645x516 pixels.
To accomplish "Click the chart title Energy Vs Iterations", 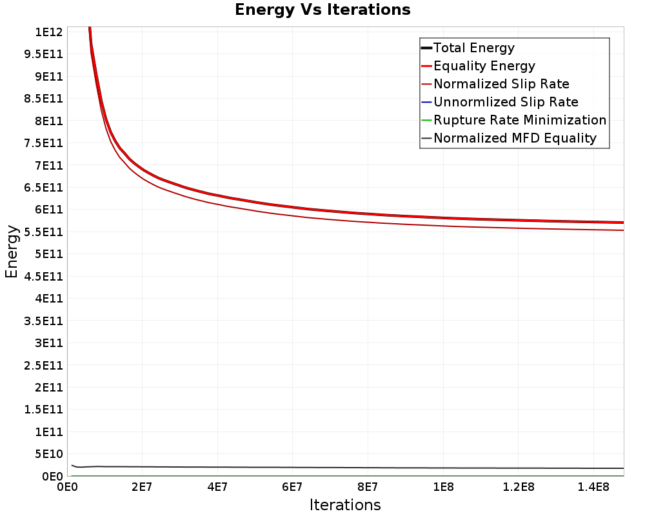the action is (322, 10).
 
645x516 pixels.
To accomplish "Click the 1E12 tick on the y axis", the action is (49, 32).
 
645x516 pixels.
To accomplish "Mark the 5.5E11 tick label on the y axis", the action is (44, 232).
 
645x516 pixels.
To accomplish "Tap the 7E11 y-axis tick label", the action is (49, 165).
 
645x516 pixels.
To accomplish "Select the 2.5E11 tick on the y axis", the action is (44, 366).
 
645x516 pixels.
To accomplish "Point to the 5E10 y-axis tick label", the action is (49, 454).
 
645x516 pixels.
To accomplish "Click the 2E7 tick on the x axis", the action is (142, 488).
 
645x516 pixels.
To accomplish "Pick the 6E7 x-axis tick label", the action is (292, 488).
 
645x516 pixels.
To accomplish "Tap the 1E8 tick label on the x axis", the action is (443, 488).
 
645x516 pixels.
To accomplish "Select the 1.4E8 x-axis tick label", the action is (593, 488).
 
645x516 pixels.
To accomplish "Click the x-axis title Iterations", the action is (345, 505).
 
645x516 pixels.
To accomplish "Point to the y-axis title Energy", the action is (12, 252).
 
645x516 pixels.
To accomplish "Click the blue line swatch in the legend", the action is (426, 102).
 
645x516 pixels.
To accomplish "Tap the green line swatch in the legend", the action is (426, 120).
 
